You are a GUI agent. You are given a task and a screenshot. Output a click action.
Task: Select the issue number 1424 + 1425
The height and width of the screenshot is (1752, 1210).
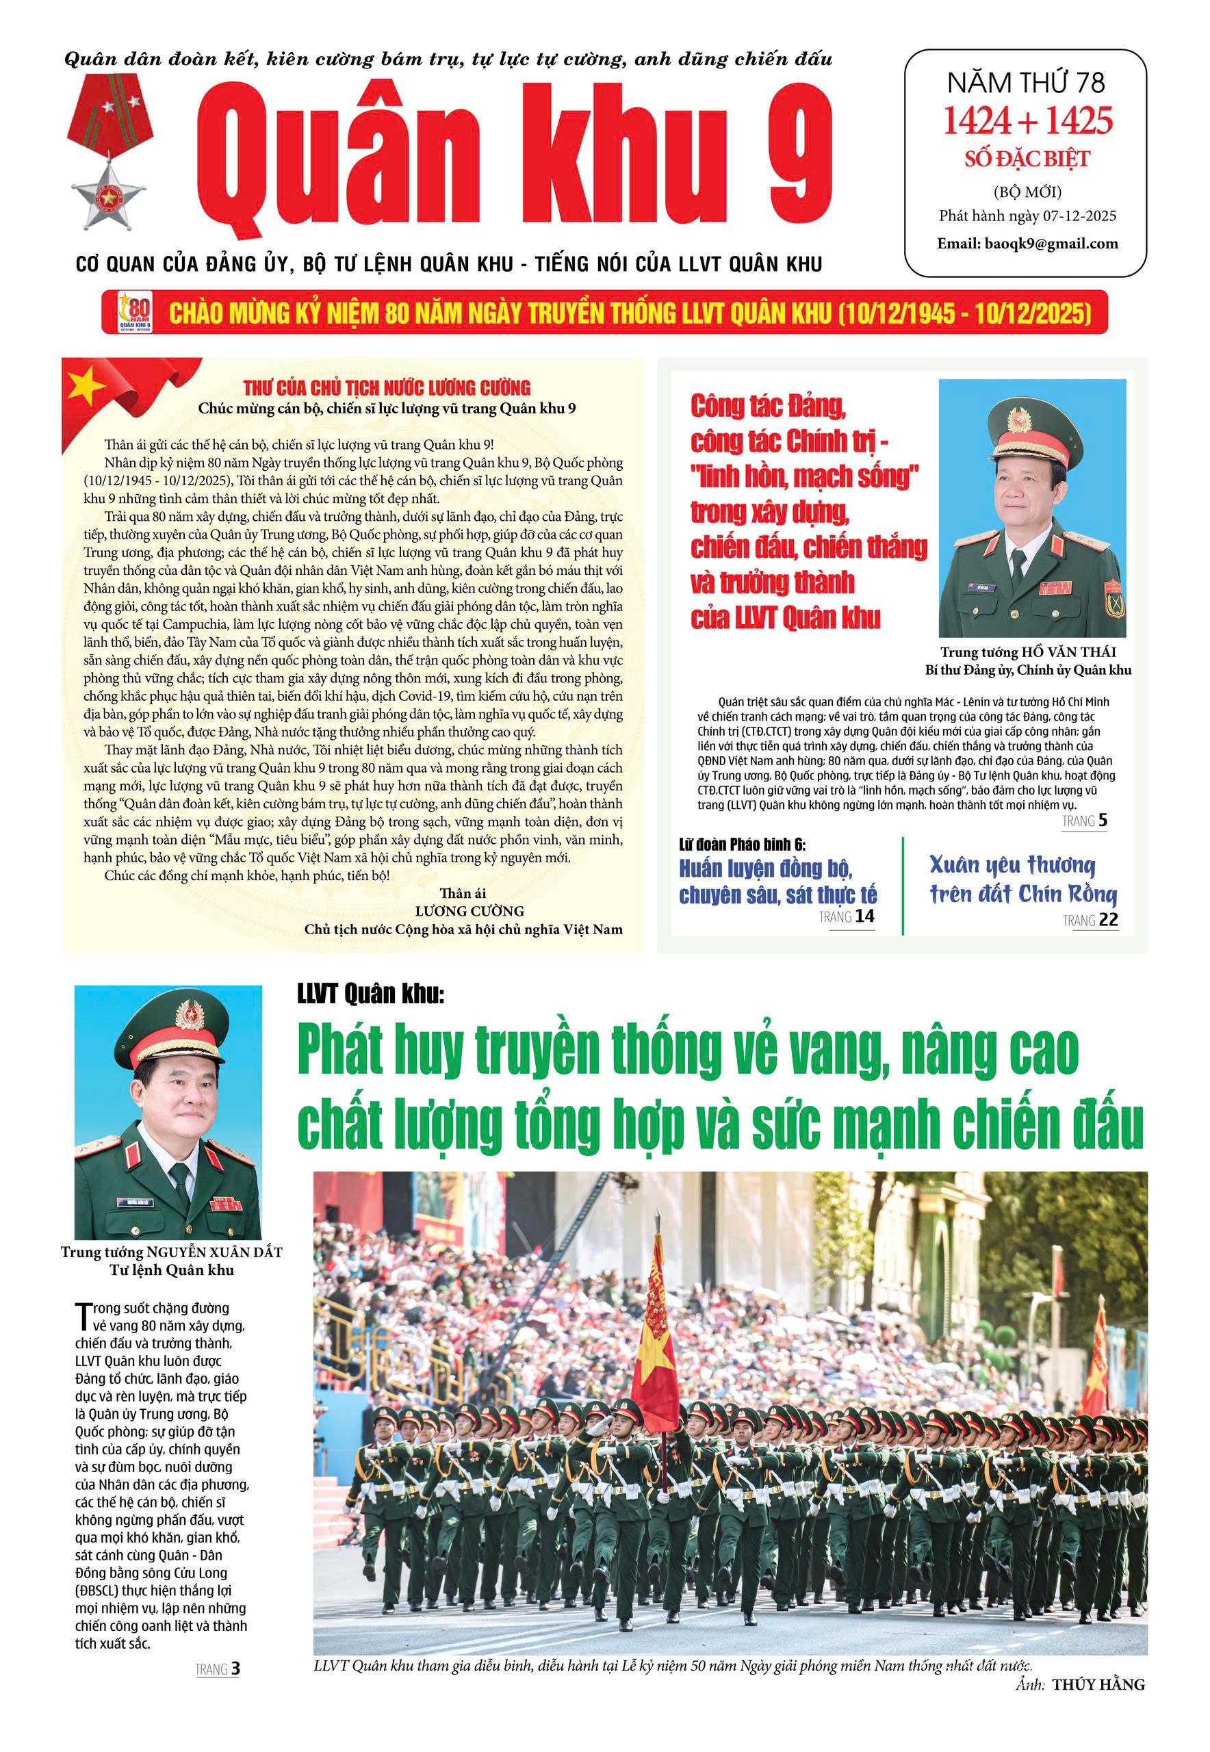point(1027,120)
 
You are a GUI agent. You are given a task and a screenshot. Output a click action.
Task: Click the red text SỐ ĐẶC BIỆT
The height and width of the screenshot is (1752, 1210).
point(1027,159)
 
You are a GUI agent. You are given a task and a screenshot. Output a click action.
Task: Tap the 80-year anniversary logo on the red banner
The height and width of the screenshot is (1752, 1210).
point(136,311)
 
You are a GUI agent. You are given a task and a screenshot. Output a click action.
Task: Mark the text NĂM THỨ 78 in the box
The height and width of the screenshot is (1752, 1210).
point(1027,81)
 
